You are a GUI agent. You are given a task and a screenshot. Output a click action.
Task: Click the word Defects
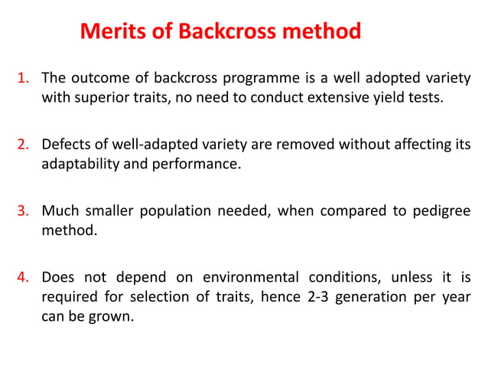[66, 144]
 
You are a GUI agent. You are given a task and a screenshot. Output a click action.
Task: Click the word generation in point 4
[369, 296]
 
